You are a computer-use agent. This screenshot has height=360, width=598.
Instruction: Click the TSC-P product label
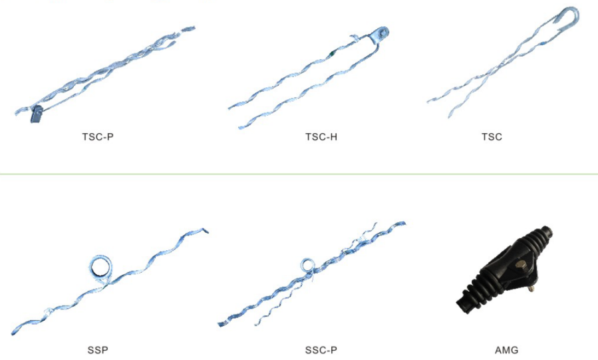click(x=98, y=136)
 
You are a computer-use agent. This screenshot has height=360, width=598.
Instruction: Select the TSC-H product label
click(x=321, y=136)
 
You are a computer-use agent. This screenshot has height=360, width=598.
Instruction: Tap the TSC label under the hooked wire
click(x=492, y=136)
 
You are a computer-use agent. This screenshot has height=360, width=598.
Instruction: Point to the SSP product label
click(x=98, y=350)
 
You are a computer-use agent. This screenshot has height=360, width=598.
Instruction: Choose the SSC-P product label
click(x=321, y=350)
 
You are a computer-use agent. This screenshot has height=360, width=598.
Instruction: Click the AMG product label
click(x=506, y=350)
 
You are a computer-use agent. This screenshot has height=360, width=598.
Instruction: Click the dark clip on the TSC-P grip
click(x=37, y=114)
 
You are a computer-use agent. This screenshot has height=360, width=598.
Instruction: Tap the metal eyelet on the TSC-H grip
click(x=380, y=33)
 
